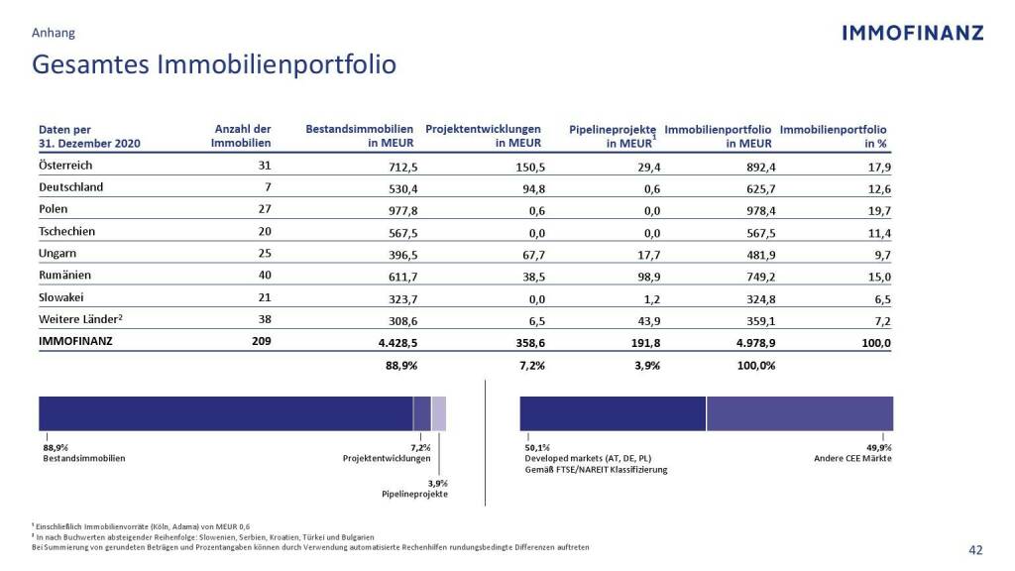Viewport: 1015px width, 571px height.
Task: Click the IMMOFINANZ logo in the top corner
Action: point(912,33)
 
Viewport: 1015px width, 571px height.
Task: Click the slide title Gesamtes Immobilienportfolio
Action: point(214,64)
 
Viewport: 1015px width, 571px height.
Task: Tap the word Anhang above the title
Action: point(54,33)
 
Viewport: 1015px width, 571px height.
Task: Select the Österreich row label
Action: point(65,166)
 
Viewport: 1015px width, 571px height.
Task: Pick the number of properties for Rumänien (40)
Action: point(264,277)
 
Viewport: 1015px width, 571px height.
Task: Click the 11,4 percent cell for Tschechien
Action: point(878,233)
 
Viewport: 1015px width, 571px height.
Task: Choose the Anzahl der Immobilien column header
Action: point(242,136)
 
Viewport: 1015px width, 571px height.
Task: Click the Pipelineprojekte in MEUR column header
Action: point(613,136)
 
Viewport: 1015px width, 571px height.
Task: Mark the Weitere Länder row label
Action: point(80,321)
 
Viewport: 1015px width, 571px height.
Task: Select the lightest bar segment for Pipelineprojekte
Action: point(439,412)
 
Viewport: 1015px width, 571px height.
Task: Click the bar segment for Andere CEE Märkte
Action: point(799,412)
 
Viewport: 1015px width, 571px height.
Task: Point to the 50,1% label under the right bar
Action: point(537,448)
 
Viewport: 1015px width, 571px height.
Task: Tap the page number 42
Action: point(975,551)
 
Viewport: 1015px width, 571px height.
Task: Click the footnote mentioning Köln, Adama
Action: point(141,525)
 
